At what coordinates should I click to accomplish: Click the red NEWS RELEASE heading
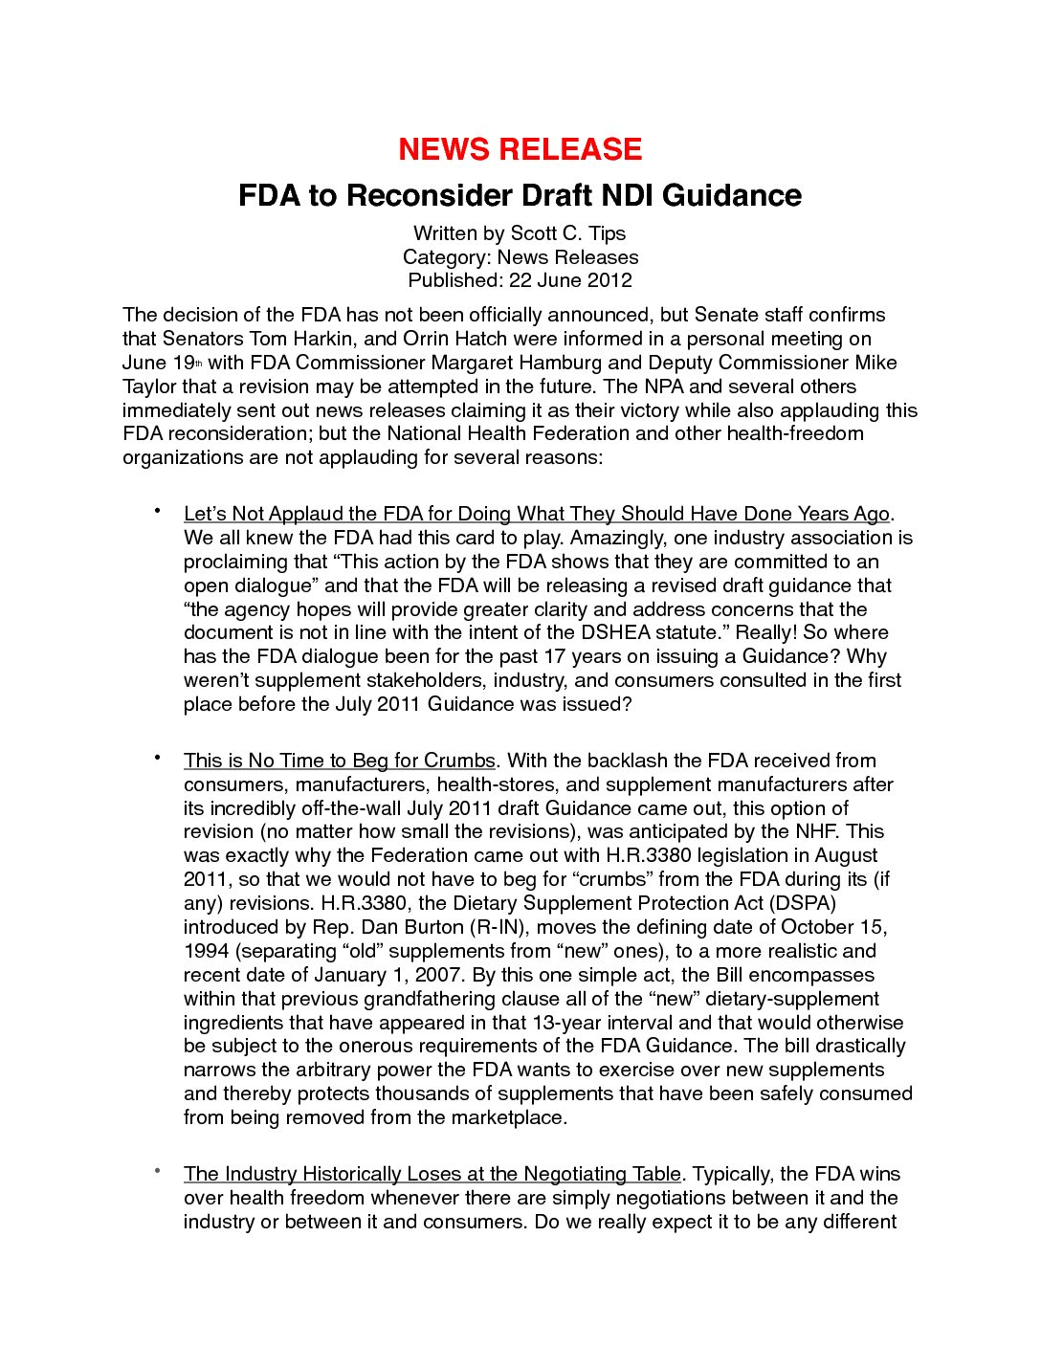click(520, 149)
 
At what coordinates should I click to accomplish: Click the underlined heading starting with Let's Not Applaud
click(536, 514)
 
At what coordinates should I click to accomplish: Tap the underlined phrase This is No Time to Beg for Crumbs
click(339, 761)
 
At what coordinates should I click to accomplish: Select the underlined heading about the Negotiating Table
click(432, 1174)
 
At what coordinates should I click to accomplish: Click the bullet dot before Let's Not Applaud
click(155, 511)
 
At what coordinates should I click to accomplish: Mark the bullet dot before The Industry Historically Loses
click(155, 1171)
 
